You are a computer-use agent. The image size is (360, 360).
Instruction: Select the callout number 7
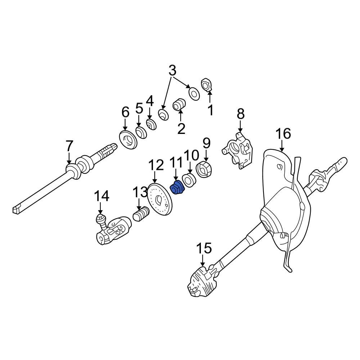(x=69, y=147)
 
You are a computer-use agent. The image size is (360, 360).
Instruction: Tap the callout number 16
(x=283, y=134)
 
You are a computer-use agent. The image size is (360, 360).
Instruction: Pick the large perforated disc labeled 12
(x=160, y=200)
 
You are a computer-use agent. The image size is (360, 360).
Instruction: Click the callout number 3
(x=172, y=71)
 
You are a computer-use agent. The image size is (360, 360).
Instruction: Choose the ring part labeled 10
(x=189, y=179)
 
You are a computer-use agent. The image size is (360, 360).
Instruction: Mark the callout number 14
(x=101, y=196)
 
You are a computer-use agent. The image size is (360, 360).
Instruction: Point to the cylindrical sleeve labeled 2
(x=180, y=105)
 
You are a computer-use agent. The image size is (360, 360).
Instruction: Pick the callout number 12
(x=156, y=165)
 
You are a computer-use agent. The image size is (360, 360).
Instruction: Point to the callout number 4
(x=149, y=100)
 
